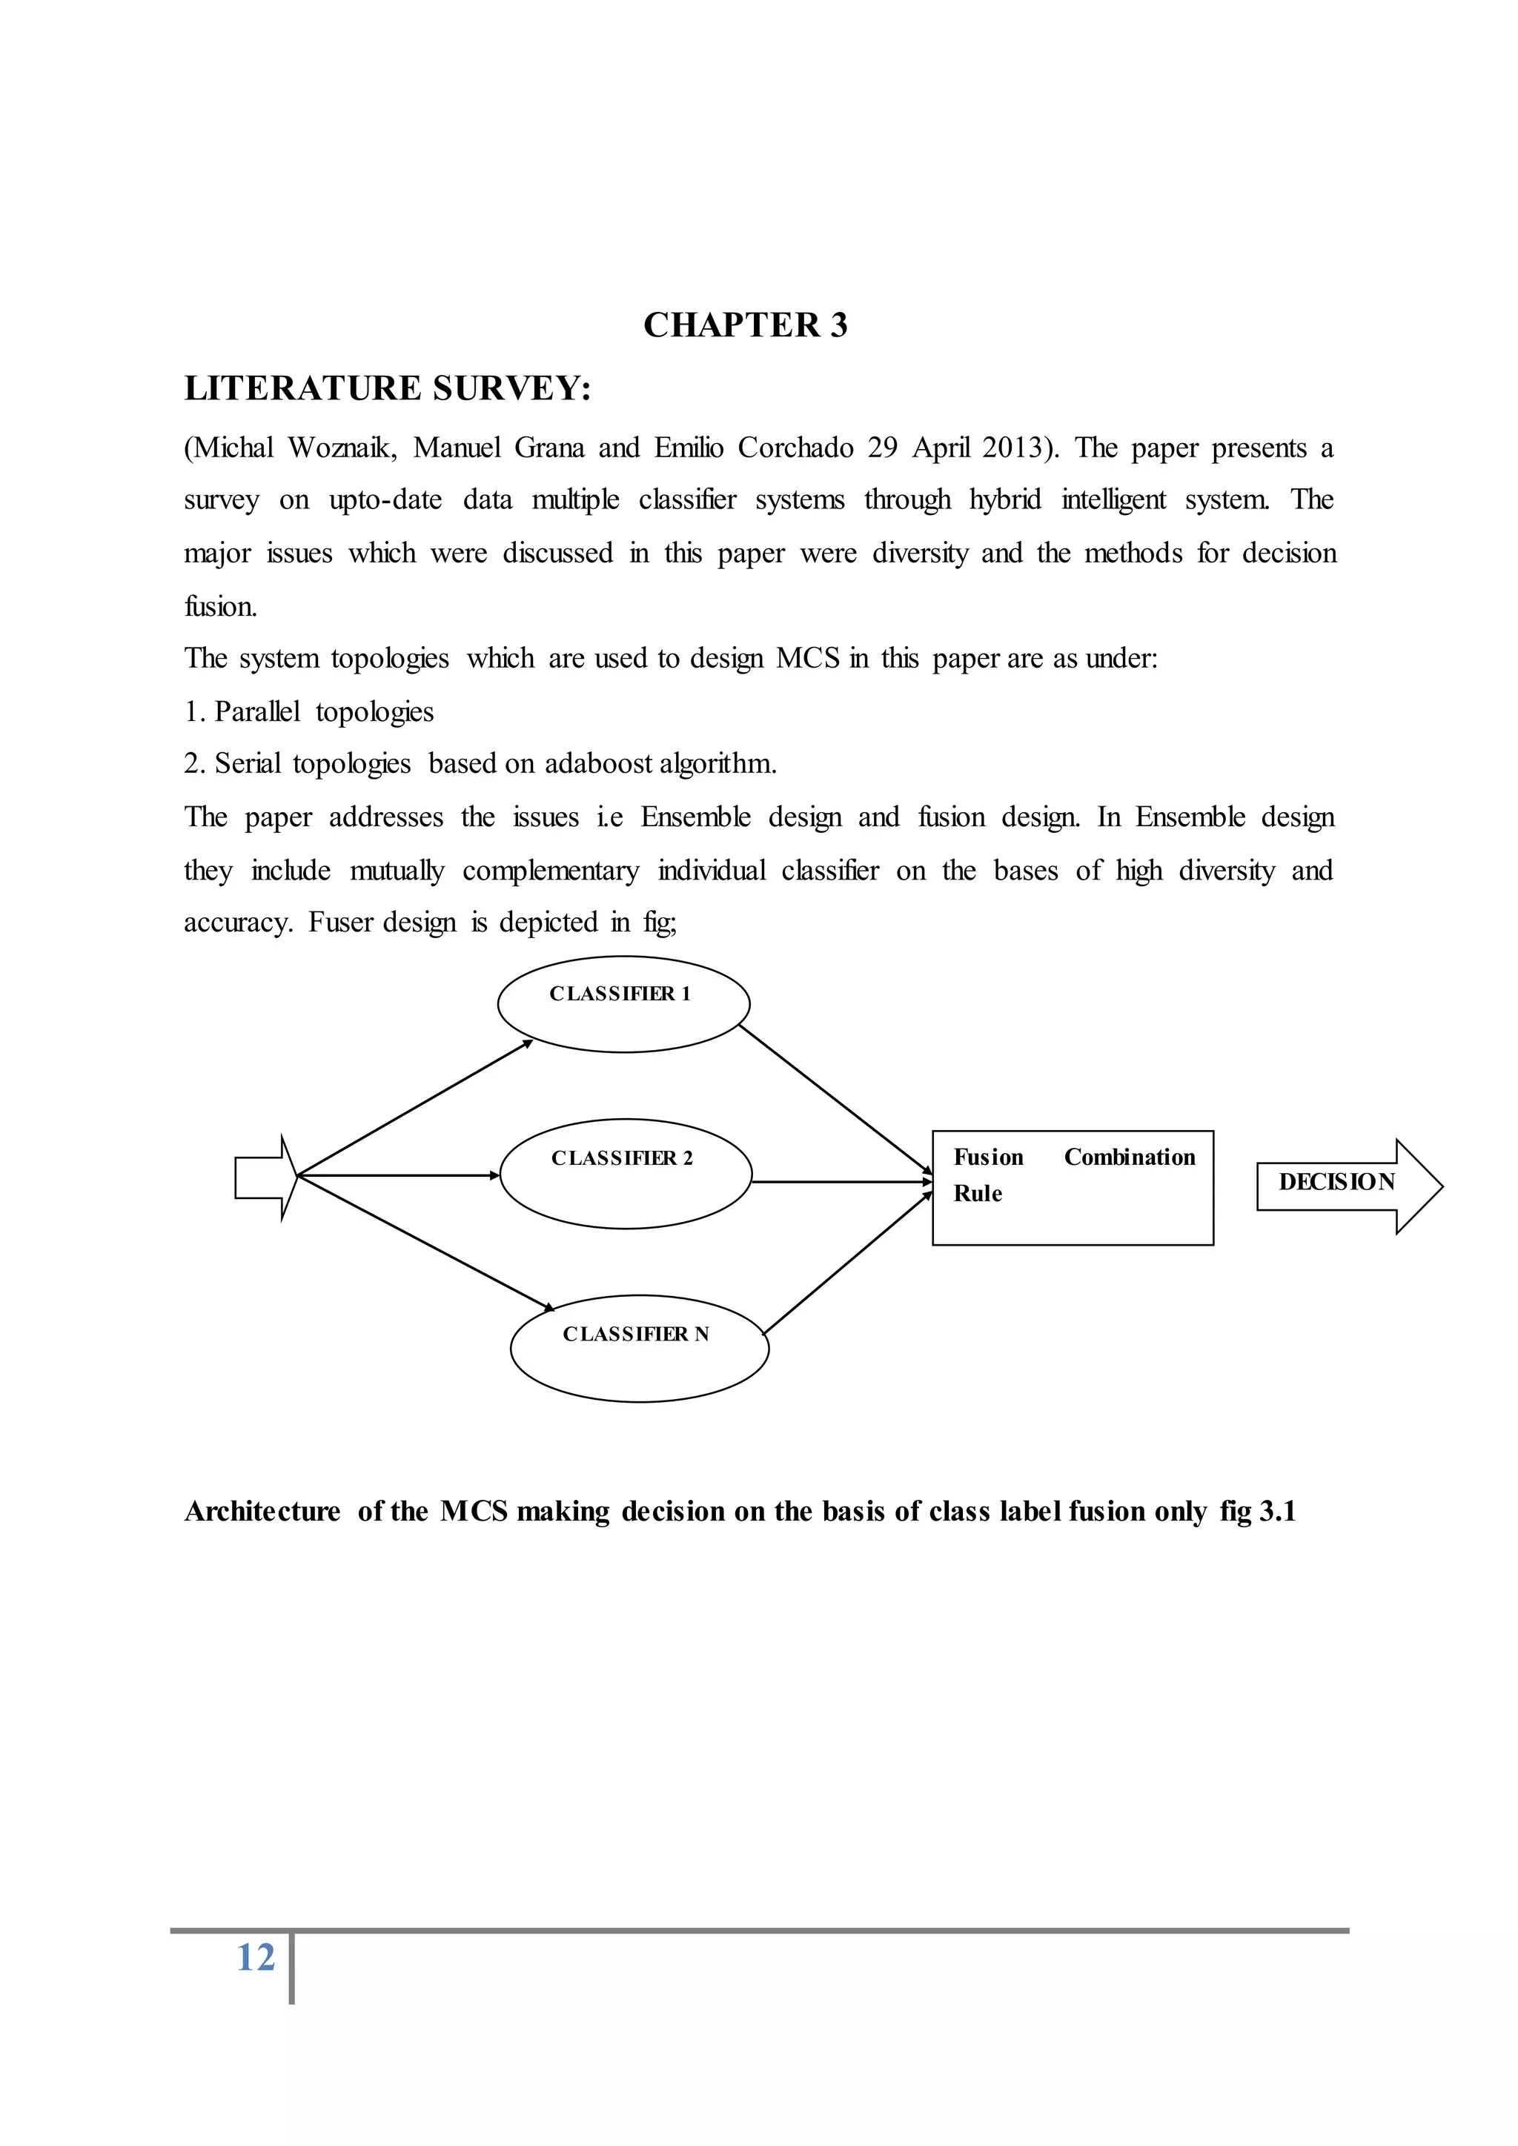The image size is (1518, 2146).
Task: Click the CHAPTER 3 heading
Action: (745, 325)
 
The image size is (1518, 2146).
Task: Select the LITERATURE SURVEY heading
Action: (387, 388)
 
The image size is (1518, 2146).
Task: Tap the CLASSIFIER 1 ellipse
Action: (623, 1005)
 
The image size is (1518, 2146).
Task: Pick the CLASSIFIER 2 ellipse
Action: (626, 1174)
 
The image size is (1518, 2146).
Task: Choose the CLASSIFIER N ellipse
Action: (640, 1348)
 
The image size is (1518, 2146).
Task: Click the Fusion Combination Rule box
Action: (1072, 1187)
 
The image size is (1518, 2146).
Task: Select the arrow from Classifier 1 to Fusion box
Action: (835, 1099)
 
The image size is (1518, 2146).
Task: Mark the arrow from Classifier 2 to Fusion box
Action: (841, 1183)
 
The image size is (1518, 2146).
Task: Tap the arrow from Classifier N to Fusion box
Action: (848, 1263)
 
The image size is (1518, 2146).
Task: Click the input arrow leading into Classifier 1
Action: (414, 1108)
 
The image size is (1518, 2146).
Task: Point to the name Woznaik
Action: (342, 448)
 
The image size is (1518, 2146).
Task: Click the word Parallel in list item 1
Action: (257, 712)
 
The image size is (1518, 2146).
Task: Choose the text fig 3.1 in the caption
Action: (1257, 1512)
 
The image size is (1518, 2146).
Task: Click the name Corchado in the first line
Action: (795, 448)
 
